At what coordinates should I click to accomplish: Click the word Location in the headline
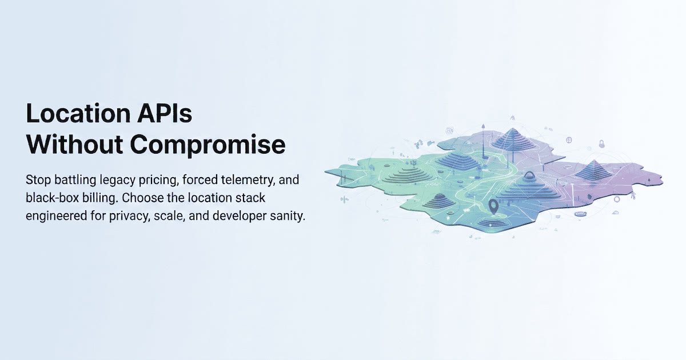[x=78, y=114]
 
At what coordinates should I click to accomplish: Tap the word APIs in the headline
[x=165, y=114]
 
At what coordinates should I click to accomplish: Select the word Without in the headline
[x=75, y=144]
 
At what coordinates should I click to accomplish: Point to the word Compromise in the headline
[x=208, y=146]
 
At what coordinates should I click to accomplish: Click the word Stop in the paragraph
[x=38, y=180]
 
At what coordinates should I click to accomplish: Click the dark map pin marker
[x=493, y=206]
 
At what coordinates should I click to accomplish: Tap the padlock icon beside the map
[x=602, y=143]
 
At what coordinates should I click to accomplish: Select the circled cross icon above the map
[x=569, y=140]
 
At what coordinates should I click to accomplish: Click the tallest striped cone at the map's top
[x=512, y=139]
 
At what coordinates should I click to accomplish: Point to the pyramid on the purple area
[x=594, y=169]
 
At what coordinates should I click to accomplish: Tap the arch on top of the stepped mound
[x=529, y=175]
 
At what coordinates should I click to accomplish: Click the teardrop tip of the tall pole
[x=483, y=126]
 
